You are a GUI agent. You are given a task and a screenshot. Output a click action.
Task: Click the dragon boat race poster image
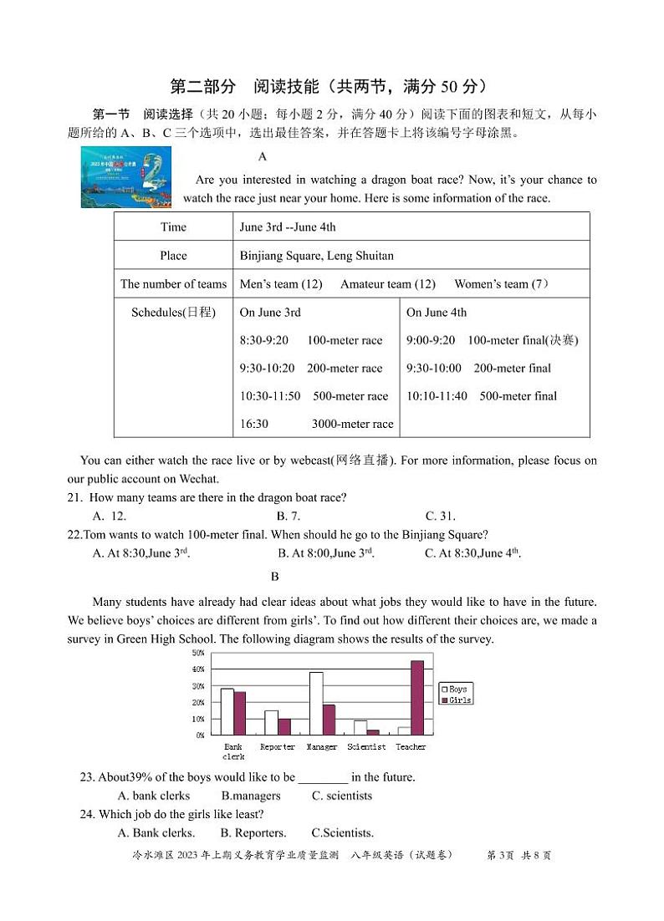[125, 177]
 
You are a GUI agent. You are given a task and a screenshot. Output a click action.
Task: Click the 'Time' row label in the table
[173, 227]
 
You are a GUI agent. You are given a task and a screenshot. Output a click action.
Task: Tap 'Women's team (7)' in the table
[501, 284]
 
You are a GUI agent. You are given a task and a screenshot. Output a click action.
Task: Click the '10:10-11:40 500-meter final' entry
[481, 396]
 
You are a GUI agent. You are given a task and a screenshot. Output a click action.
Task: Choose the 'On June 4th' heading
[437, 313]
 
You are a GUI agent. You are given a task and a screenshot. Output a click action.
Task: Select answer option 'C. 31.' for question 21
[440, 516]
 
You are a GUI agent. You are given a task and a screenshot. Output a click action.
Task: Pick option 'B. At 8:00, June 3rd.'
[325, 553]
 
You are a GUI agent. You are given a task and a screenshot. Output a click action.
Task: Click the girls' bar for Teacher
[417, 698]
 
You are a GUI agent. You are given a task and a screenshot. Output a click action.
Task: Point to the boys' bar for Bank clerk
[227, 712]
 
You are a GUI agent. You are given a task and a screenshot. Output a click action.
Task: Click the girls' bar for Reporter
[284, 727]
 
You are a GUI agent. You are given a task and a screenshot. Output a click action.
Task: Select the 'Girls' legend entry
[456, 700]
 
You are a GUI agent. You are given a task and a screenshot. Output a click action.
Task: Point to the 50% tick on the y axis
[198, 653]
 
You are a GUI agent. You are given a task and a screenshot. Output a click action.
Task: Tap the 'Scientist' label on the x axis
[366, 747]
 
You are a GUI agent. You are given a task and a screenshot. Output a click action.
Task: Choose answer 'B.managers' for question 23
[251, 796]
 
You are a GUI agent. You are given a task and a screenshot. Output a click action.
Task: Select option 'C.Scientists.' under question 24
[342, 832]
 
